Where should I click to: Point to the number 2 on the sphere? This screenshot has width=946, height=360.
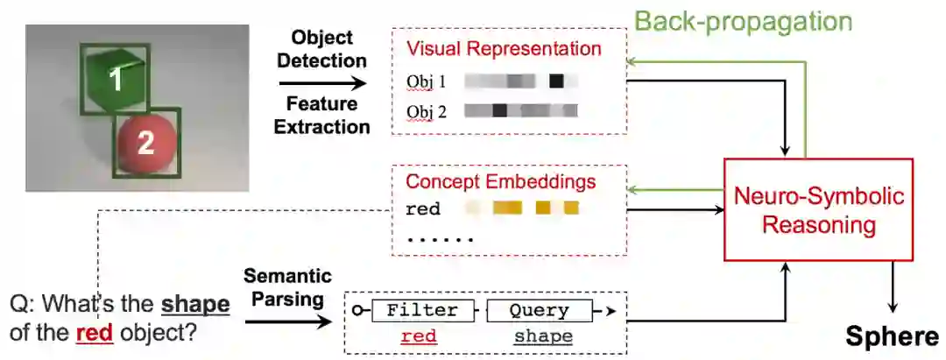pos(145,142)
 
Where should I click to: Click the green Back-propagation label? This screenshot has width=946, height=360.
pos(743,21)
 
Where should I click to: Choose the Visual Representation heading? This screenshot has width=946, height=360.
pos(504,49)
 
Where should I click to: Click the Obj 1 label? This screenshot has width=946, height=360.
pos(427,81)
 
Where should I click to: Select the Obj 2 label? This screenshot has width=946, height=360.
pos(427,111)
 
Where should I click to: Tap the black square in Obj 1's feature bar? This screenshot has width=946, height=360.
pos(556,81)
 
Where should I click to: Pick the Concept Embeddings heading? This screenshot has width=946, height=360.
pos(500,182)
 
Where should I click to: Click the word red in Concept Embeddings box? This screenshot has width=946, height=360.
pos(422,209)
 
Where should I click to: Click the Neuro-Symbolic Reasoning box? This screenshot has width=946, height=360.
pos(818,210)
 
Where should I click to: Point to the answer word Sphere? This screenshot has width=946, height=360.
pos(892,337)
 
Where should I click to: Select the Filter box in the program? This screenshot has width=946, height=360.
pos(422,310)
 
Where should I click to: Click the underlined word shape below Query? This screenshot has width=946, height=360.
pos(543,336)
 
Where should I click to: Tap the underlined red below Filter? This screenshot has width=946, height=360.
pos(421,336)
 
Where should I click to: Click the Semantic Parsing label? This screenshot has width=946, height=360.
pos(288,288)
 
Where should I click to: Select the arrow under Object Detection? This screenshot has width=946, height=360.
pos(322,83)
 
